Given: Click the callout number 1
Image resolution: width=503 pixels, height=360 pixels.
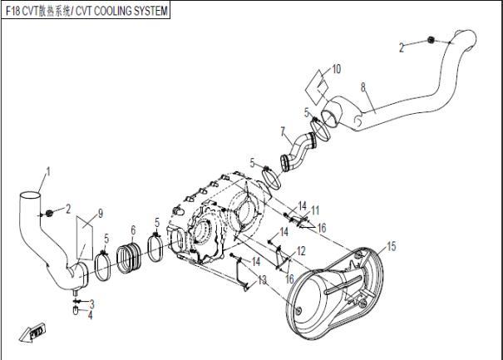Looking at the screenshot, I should tap(48, 172).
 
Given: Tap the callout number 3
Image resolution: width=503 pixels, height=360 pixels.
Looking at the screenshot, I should tap(91, 303).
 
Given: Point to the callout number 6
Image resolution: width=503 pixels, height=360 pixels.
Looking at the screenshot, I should tap(133, 230).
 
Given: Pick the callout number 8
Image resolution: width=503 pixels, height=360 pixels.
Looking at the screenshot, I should tap(362, 86).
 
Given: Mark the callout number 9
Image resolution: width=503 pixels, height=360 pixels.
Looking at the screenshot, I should tap(101, 214).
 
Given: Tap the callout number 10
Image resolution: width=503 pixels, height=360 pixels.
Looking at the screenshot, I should tap(336, 68).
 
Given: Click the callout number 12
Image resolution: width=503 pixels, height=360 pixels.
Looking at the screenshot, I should tap(300, 250).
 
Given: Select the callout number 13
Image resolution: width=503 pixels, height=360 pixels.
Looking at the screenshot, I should tap(264, 280).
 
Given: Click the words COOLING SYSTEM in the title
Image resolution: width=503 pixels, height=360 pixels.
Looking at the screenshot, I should tap(129, 11).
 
